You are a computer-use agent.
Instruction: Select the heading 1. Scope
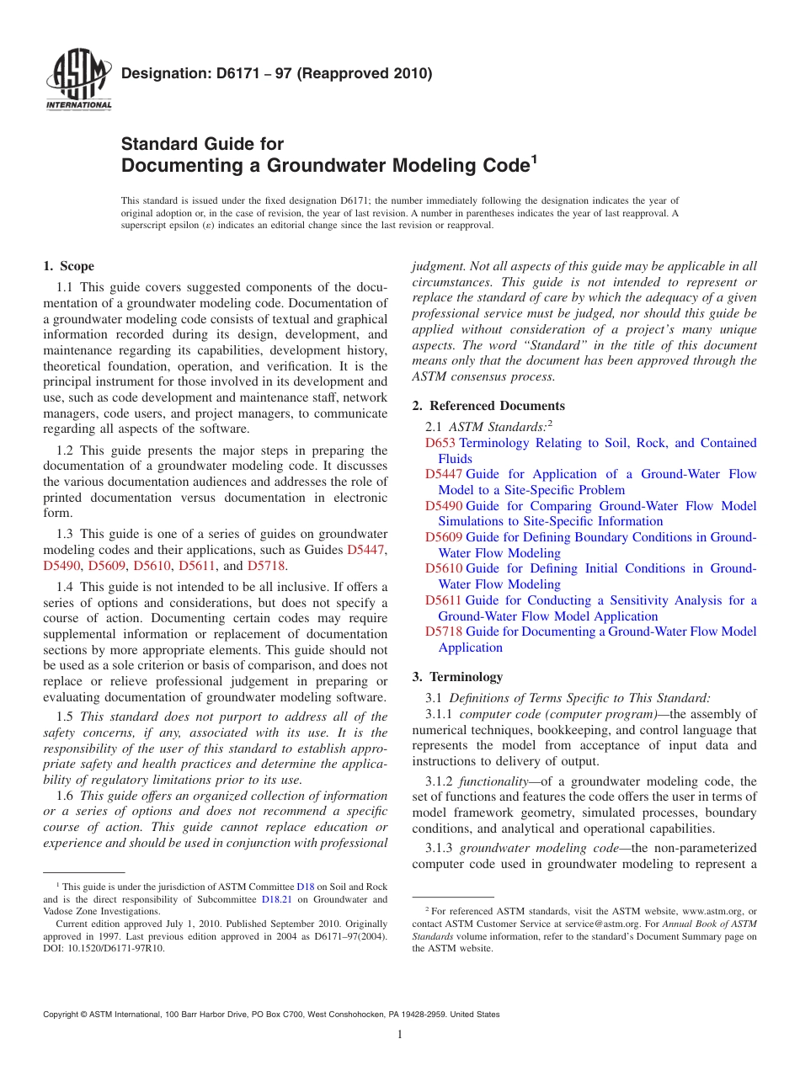pos(68,266)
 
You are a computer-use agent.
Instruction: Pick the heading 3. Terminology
pos(457,676)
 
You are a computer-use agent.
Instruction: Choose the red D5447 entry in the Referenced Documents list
pos(444,474)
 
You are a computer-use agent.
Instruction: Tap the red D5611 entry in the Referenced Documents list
pos(444,600)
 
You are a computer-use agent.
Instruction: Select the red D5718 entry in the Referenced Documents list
pos(444,631)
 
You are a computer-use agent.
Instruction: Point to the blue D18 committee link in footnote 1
pos(305,887)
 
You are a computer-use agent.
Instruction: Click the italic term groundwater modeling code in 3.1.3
pos(539,848)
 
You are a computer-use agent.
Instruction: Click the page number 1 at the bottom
pos(400,1035)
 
